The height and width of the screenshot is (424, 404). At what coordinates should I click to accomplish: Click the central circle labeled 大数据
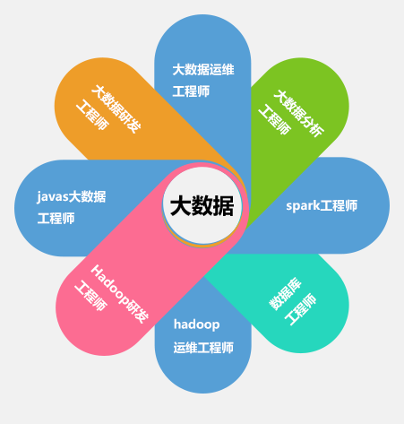click(202, 205)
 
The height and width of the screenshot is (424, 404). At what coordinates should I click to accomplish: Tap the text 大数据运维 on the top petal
click(203, 70)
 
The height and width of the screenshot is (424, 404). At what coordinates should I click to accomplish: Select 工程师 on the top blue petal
click(191, 91)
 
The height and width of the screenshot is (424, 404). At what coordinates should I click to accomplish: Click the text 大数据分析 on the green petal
click(299, 113)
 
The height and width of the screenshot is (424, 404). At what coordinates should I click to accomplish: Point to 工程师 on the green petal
click(275, 120)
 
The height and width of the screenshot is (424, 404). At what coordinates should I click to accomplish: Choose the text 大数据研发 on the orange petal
click(116, 108)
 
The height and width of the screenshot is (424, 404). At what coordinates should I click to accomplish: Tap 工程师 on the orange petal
click(92, 115)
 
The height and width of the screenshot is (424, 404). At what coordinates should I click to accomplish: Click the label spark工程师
click(322, 205)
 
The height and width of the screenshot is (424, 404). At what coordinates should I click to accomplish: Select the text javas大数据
click(72, 196)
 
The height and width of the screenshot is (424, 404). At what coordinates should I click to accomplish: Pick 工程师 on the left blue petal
click(56, 218)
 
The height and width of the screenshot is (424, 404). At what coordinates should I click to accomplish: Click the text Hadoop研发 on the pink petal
click(119, 294)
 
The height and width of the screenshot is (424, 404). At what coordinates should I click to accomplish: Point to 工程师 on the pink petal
click(90, 296)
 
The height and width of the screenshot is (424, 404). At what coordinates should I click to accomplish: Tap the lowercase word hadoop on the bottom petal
click(197, 324)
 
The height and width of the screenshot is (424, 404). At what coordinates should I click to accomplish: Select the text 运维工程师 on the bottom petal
click(203, 348)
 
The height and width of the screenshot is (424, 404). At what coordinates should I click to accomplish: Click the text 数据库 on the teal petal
click(286, 294)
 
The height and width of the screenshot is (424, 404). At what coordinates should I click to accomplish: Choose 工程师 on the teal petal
click(300, 309)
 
